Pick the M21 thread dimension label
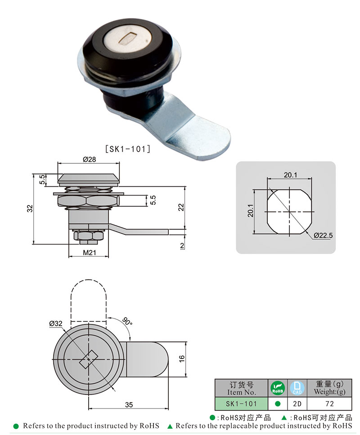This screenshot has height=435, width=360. [x=89, y=253]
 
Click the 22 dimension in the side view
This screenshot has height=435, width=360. [x=180, y=207]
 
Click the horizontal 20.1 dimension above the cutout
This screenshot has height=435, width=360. [x=290, y=175]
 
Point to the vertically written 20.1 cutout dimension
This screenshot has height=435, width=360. [x=251, y=211]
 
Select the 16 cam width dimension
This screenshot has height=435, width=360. [x=181, y=359]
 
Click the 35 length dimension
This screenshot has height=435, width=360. [x=129, y=404]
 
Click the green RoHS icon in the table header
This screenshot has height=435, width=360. [x=277, y=388]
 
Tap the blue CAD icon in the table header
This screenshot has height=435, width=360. [x=297, y=388]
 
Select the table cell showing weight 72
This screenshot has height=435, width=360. [x=329, y=404]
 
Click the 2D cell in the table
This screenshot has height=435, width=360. [x=297, y=404]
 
